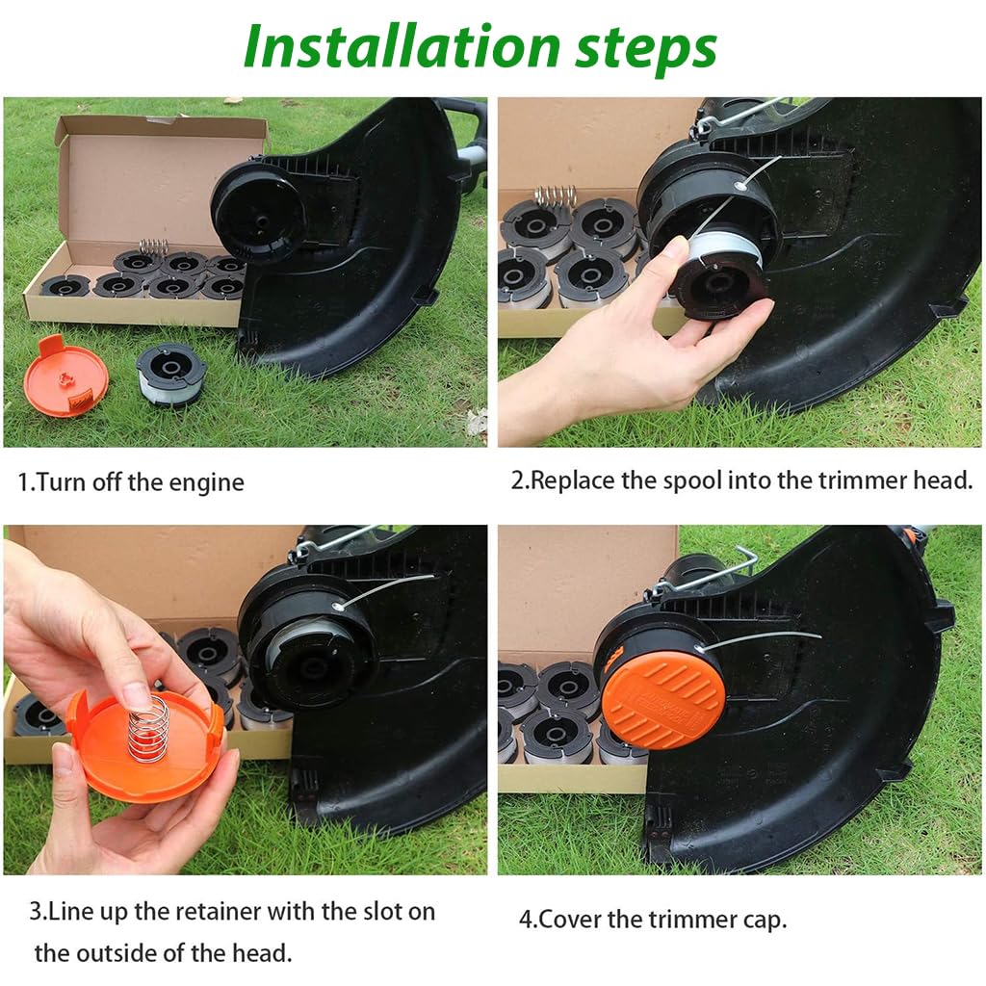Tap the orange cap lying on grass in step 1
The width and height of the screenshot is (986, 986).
[x=65, y=376]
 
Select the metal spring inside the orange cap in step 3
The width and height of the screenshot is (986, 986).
[x=148, y=729]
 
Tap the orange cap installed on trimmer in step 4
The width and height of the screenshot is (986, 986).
[x=662, y=698]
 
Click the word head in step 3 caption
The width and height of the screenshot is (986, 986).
[x=261, y=953]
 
